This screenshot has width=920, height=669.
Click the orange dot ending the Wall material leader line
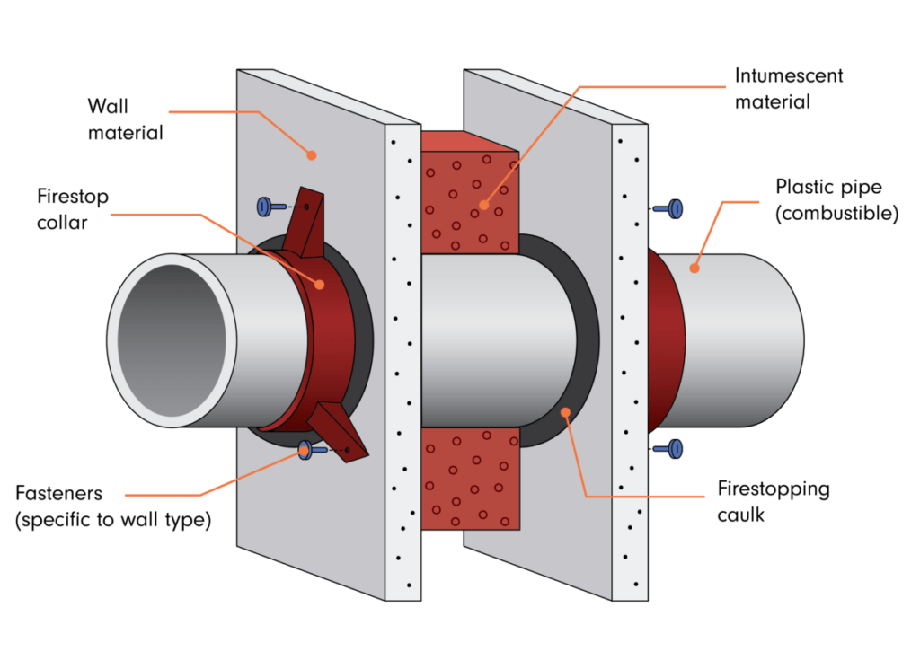tap(312, 155)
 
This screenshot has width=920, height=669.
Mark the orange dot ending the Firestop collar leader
tap(320, 285)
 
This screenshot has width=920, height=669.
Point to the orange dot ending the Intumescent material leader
tap(484, 205)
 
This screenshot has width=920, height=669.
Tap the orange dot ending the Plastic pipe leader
tap(694, 268)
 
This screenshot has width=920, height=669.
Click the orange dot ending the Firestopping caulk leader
tap(566, 413)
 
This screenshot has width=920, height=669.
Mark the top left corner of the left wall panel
tap(237, 69)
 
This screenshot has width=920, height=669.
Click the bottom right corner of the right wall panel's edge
tap(648, 601)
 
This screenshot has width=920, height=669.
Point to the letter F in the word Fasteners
tap(22, 493)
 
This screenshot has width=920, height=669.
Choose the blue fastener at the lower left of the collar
tap(312, 450)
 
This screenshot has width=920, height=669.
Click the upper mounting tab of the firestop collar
tap(306, 223)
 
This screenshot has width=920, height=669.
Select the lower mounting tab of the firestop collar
tap(339, 432)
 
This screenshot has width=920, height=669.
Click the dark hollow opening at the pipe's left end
tap(172, 340)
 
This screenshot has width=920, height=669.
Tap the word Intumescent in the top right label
tap(789, 75)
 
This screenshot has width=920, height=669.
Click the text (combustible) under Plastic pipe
tap(836, 214)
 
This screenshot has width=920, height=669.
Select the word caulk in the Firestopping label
tap(741, 515)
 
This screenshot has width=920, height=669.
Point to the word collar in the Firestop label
tap(62, 223)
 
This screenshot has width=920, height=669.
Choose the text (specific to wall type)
tap(112, 520)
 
